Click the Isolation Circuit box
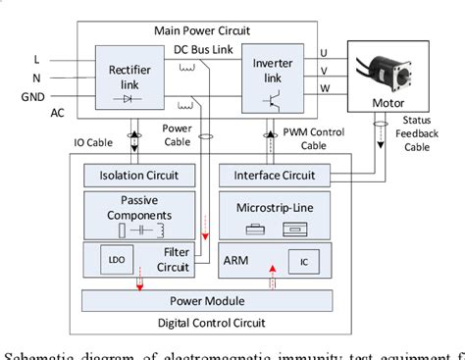coord(136,177)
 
